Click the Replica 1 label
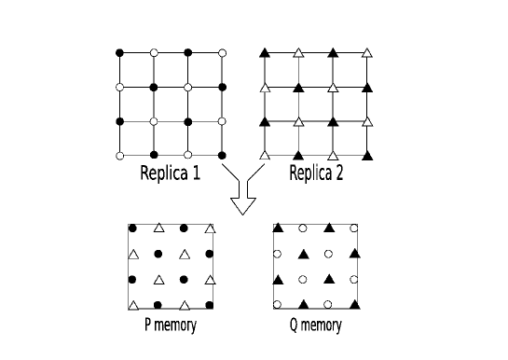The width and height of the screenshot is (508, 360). (169, 173)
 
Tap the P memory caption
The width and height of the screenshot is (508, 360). (170, 325)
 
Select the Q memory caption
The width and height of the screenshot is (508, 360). (315, 325)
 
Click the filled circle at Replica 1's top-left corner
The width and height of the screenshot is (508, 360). (119, 51)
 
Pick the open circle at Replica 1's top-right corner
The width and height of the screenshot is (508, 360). (222, 51)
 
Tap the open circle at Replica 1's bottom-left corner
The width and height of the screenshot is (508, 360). (119, 155)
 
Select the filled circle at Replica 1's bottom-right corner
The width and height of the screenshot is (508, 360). (222, 155)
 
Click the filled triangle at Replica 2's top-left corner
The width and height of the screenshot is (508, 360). (265, 51)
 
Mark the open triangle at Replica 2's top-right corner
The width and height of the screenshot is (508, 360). (367, 51)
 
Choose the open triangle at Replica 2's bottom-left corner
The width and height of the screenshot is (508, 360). (265, 154)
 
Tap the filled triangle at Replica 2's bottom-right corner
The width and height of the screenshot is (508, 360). (367, 154)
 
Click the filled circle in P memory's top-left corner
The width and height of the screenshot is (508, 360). (133, 228)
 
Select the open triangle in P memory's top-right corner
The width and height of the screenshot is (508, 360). (211, 228)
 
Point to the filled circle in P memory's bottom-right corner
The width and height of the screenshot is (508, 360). (211, 304)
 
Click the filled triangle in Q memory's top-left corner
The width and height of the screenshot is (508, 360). (278, 228)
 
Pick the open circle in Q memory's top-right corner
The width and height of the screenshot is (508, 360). (354, 228)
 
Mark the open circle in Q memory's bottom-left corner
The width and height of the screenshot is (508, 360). (278, 304)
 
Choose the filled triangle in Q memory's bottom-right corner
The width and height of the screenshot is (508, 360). (354, 304)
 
